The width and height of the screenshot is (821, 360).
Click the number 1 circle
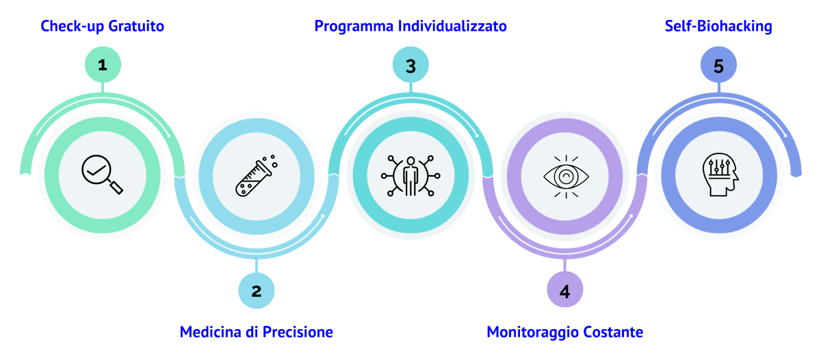click(x=103, y=66)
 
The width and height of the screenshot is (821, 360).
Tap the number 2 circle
click(x=257, y=291)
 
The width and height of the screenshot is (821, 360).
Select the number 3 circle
click(x=410, y=66)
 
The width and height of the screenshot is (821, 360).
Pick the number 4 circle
click(x=564, y=291)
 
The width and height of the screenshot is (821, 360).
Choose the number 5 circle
click(x=718, y=66)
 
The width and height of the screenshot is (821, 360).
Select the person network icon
click(x=410, y=175)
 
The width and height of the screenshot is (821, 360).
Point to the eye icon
click(x=564, y=177)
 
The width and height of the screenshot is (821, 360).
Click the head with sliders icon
click(x=718, y=175)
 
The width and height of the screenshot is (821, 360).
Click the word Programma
click(x=354, y=27)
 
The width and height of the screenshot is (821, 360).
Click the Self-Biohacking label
click(x=718, y=27)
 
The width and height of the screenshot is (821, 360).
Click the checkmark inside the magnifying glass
click(x=96, y=168)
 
